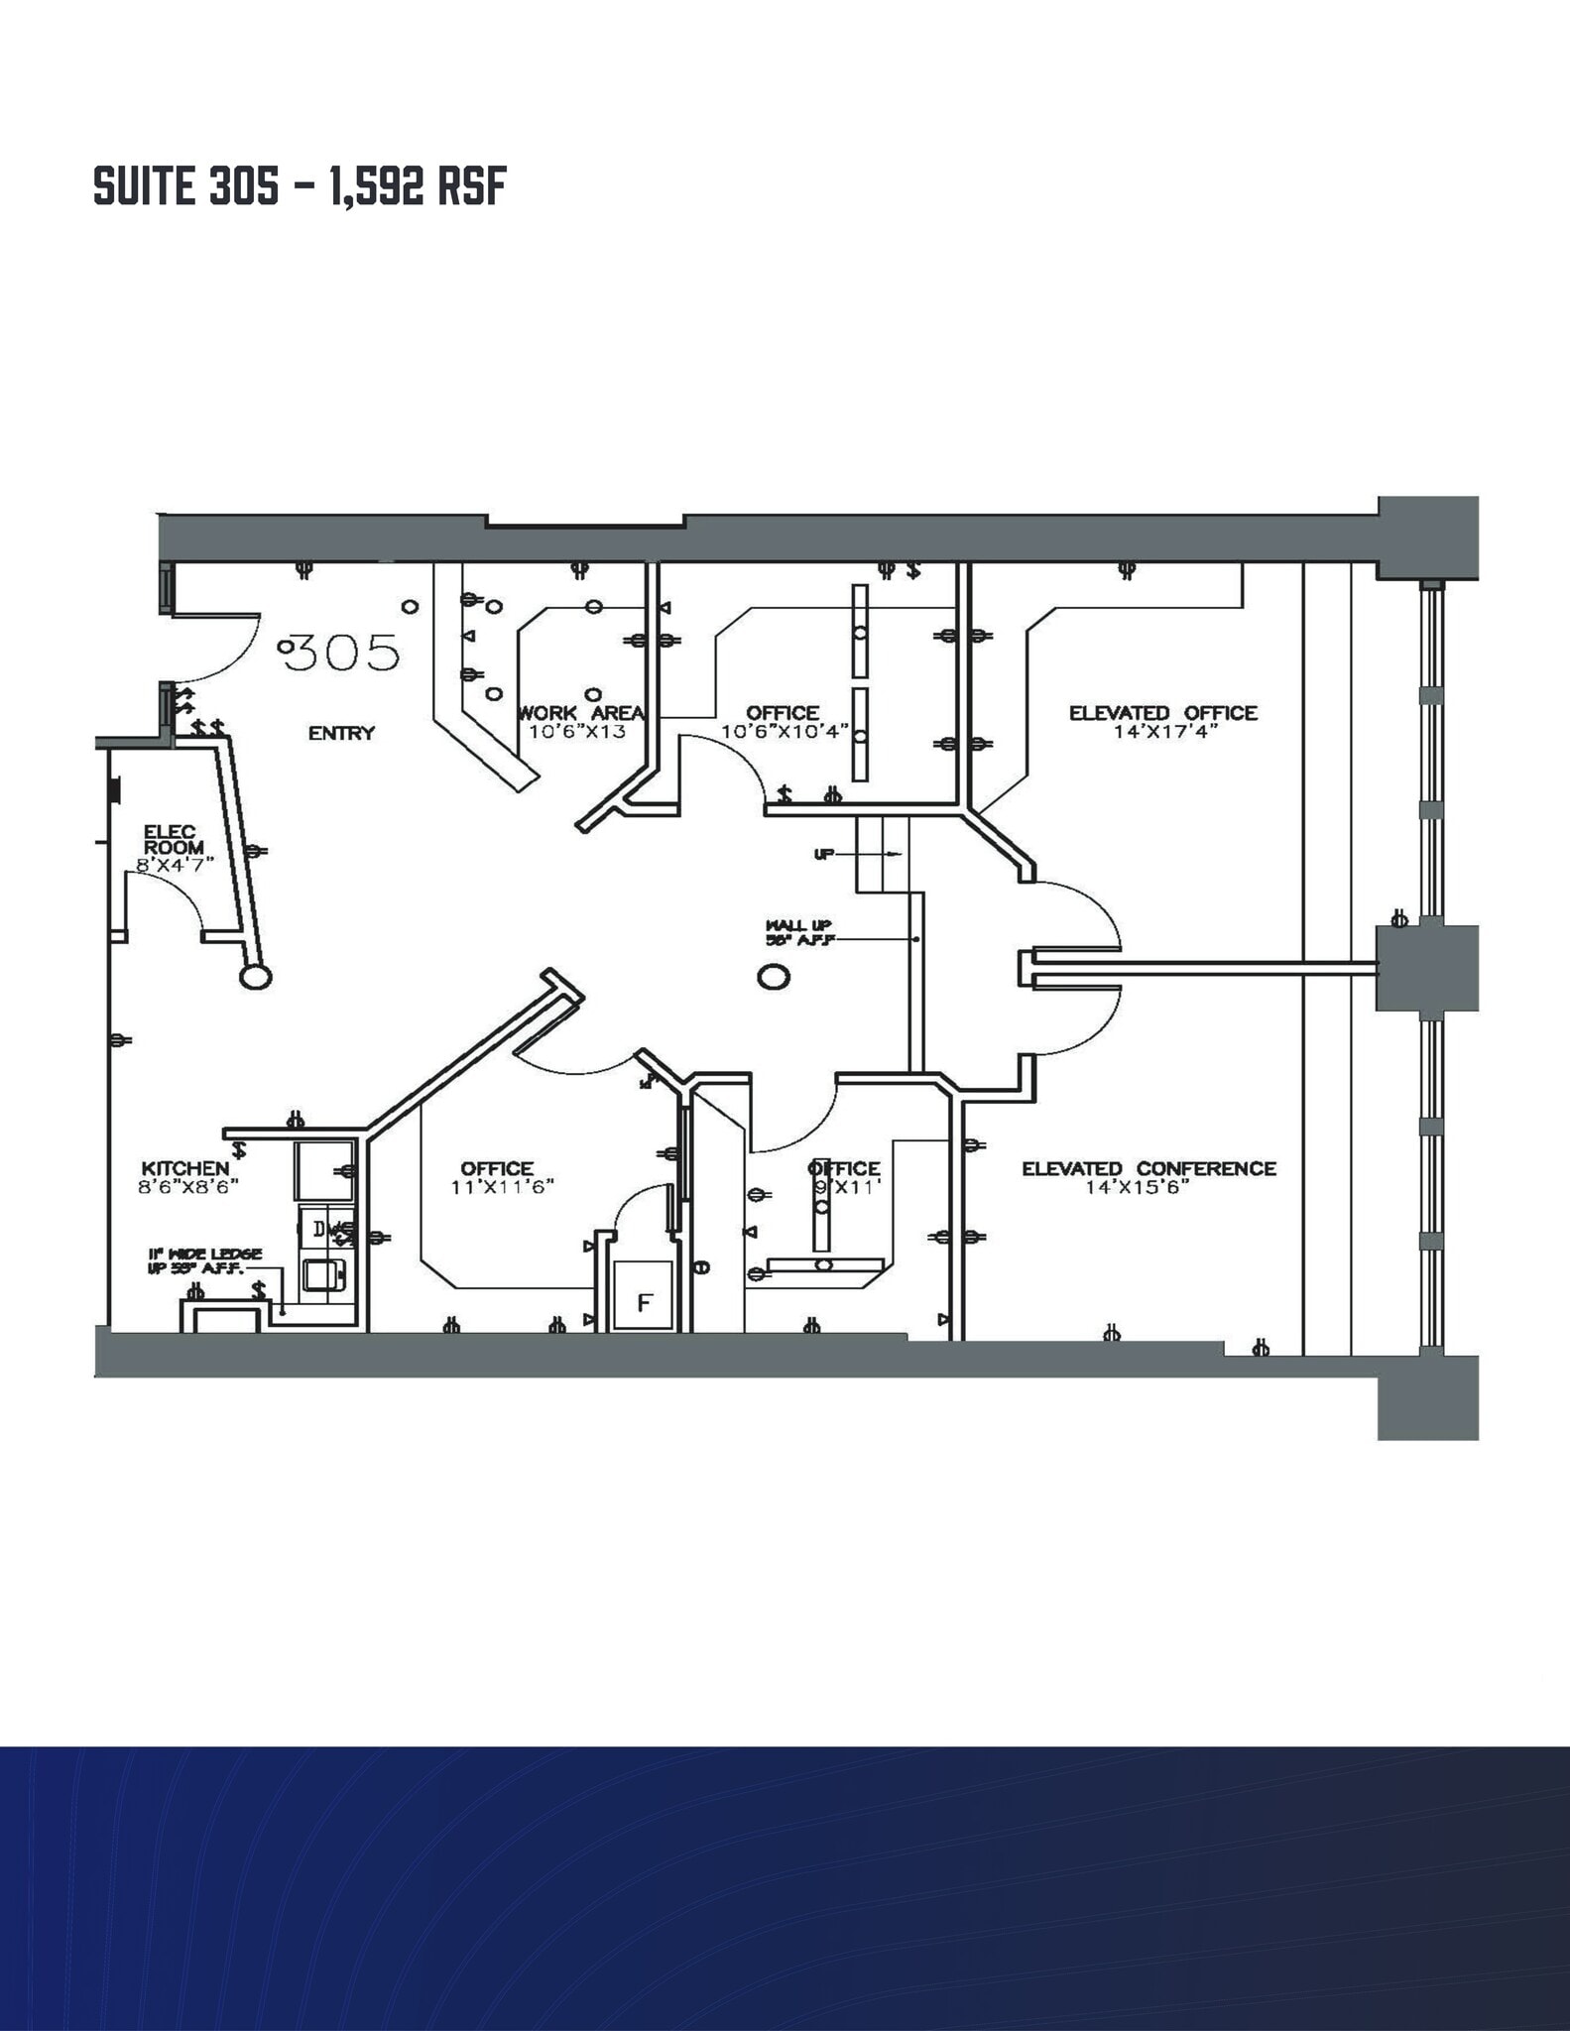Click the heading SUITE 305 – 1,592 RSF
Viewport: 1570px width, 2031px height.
(300, 186)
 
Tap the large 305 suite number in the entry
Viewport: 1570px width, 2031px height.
(343, 653)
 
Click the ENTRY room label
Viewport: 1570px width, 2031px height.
(341, 733)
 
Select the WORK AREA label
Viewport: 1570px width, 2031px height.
(581, 713)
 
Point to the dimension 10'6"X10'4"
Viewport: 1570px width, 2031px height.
(785, 732)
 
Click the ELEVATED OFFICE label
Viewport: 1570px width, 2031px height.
(1162, 713)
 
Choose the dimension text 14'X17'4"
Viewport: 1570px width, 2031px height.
(1163, 732)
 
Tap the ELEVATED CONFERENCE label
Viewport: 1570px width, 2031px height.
(1148, 1168)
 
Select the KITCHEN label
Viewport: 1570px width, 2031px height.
(185, 1168)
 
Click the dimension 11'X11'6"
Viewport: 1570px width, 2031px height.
(502, 1187)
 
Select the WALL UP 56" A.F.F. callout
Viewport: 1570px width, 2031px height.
(798, 932)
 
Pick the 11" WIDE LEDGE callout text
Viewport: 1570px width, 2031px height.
(205, 1261)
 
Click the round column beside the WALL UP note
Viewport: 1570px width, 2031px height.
(774, 978)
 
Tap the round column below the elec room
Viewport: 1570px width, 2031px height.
(256, 977)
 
